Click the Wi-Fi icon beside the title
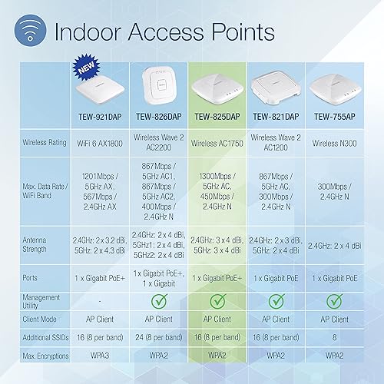click(x=27, y=31)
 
